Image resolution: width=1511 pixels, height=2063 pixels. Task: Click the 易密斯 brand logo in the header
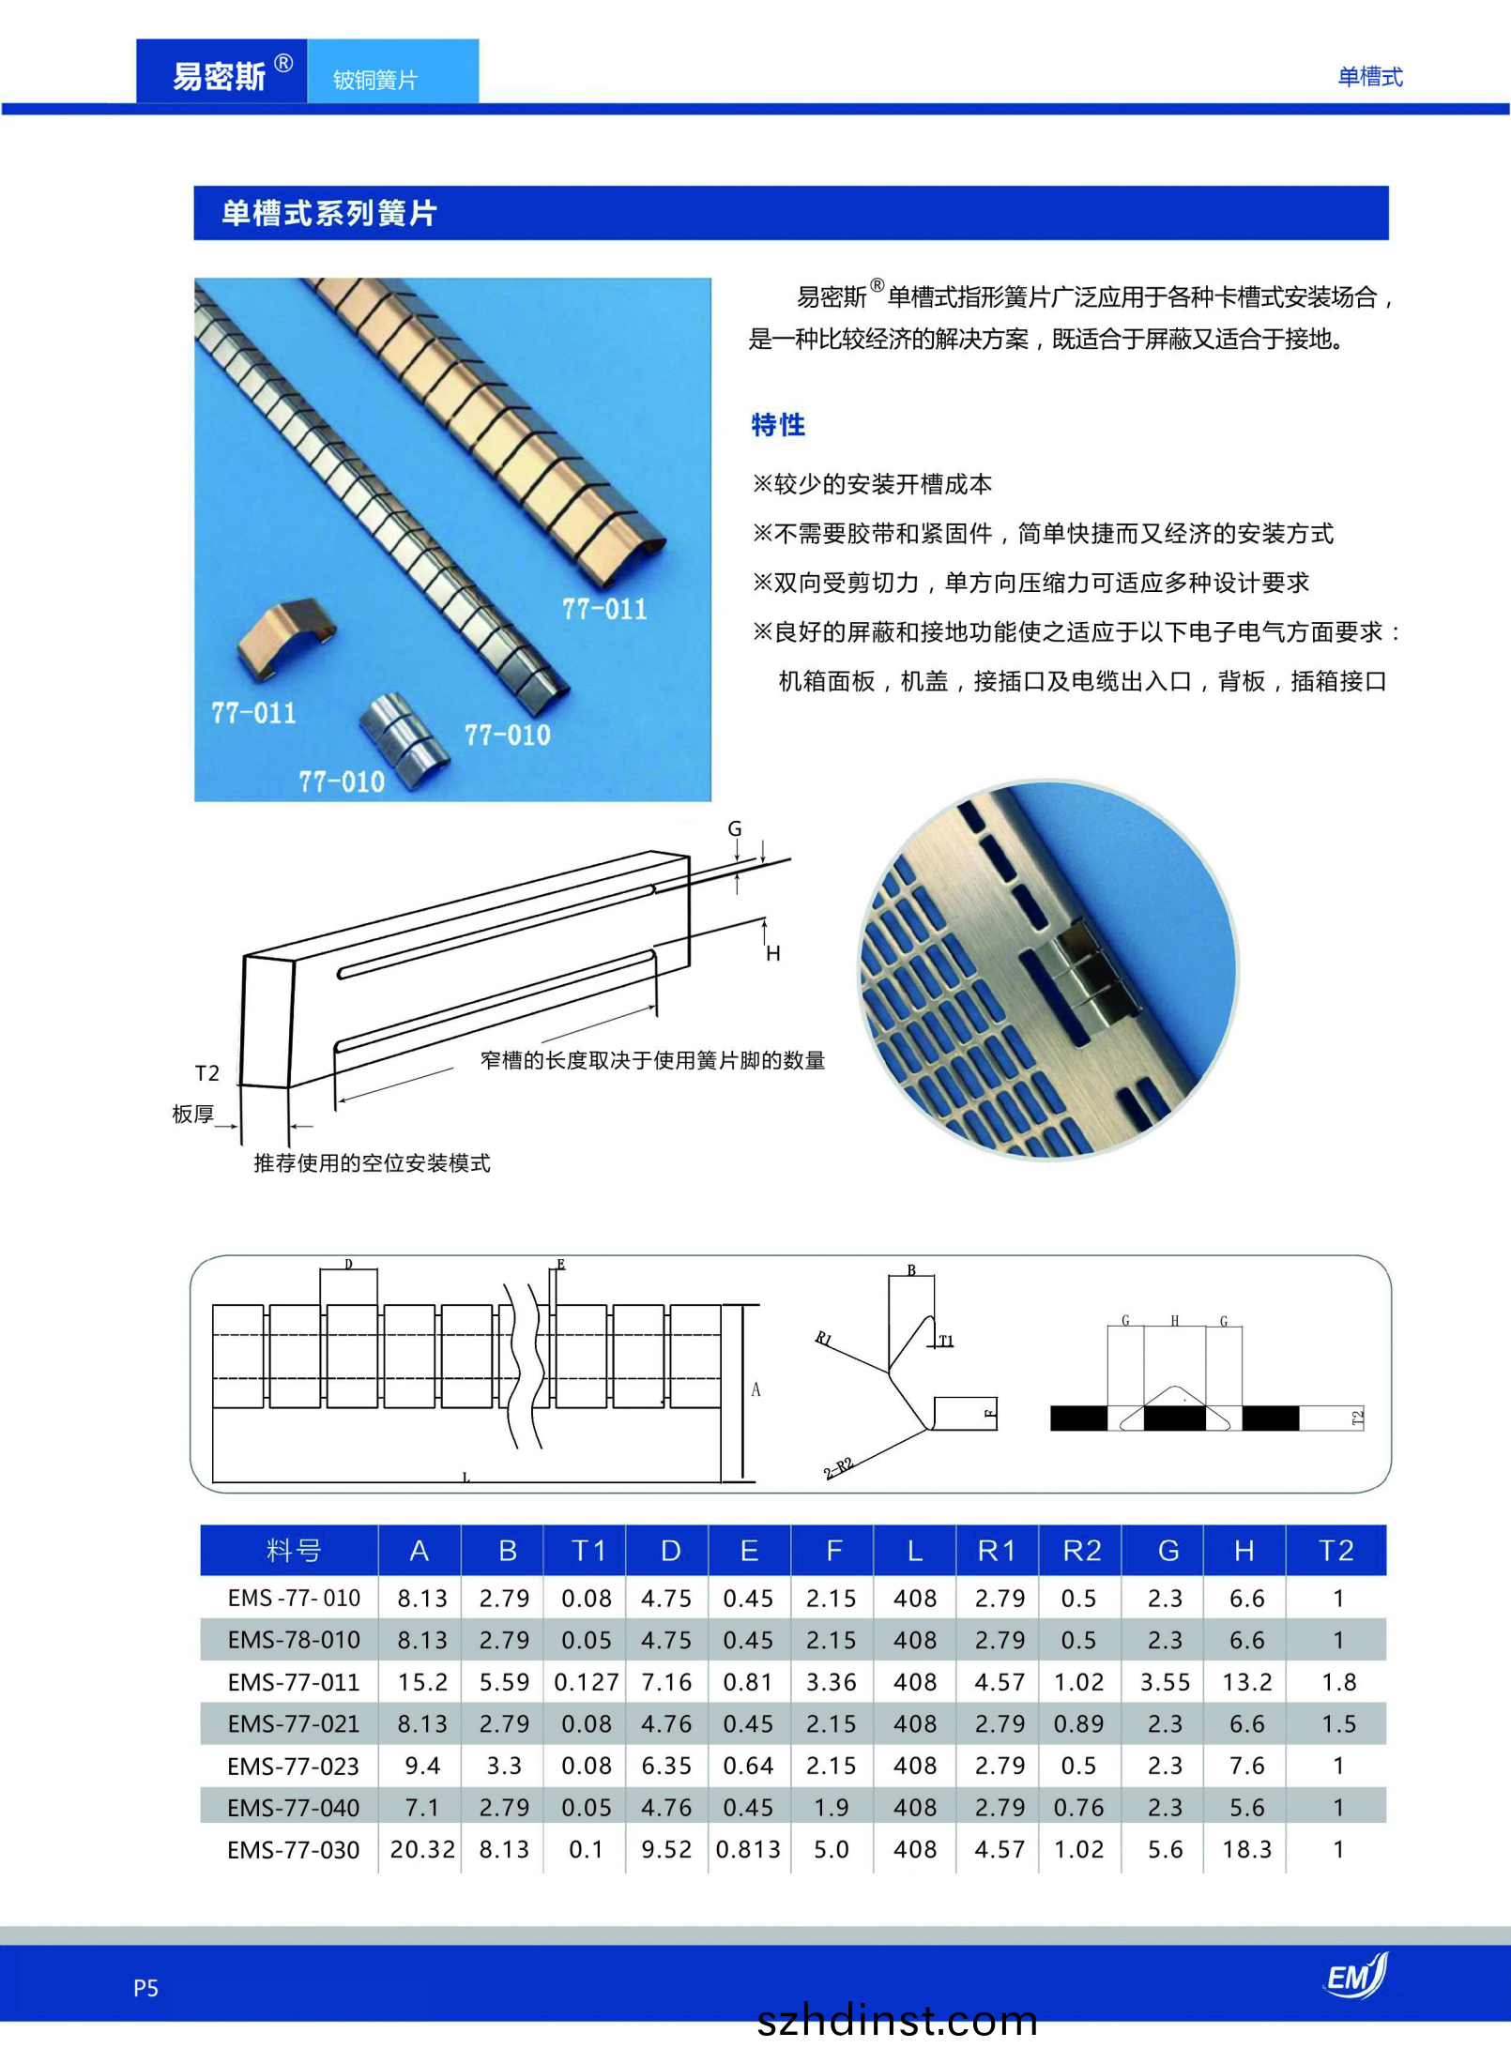(x=221, y=75)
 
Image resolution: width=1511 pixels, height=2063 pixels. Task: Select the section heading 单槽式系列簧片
(x=329, y=213)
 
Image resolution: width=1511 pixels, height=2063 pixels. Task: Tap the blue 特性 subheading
(x=778, y=425)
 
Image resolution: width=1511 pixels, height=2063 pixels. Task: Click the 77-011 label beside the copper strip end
(x=604, y=610)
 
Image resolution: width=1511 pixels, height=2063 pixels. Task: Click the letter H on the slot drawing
(x=773, y=954)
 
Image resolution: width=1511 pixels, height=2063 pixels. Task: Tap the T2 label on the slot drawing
(x=206, y=1073)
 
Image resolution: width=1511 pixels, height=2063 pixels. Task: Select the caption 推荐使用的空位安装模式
(x=372, y=1163)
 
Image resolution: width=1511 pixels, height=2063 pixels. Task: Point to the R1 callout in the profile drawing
(x=824, y=1339)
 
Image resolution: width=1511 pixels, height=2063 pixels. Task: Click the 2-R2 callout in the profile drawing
(x=838, y=1467)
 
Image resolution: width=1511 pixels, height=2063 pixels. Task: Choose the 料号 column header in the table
(x=293, y=1551)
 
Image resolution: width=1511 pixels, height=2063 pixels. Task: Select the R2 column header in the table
(x=1081, y=1551)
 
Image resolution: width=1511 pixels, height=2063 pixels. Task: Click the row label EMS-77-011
(x=294, y=1682)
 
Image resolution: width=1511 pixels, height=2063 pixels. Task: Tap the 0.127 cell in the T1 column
(x=587, y=1682)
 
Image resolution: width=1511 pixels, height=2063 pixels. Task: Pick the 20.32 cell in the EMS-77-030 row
(x=422, y=1849)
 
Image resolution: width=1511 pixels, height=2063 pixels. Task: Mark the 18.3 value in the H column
(x=1246, y=1849)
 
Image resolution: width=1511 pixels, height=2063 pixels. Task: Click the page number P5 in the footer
(x=145, y=1988)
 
